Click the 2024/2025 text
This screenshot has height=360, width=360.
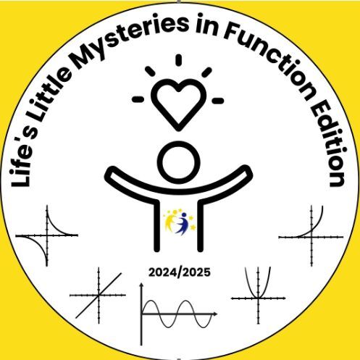[x=180, y=272]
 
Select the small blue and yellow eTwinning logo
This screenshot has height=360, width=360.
[x=179, y=221]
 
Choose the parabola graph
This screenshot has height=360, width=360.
[x=258, y=295]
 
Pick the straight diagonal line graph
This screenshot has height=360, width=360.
[x=99, y=295]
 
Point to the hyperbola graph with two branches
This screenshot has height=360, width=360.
[x=47, y=235]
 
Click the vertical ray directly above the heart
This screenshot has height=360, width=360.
[x=179, y=60]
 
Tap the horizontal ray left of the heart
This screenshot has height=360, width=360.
[x=138, y=99]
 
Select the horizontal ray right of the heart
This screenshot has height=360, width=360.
[x=218, y=101]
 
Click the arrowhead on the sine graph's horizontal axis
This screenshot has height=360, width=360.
[x=215, y=314]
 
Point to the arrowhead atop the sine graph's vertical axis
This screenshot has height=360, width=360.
[x=142, y=286]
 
